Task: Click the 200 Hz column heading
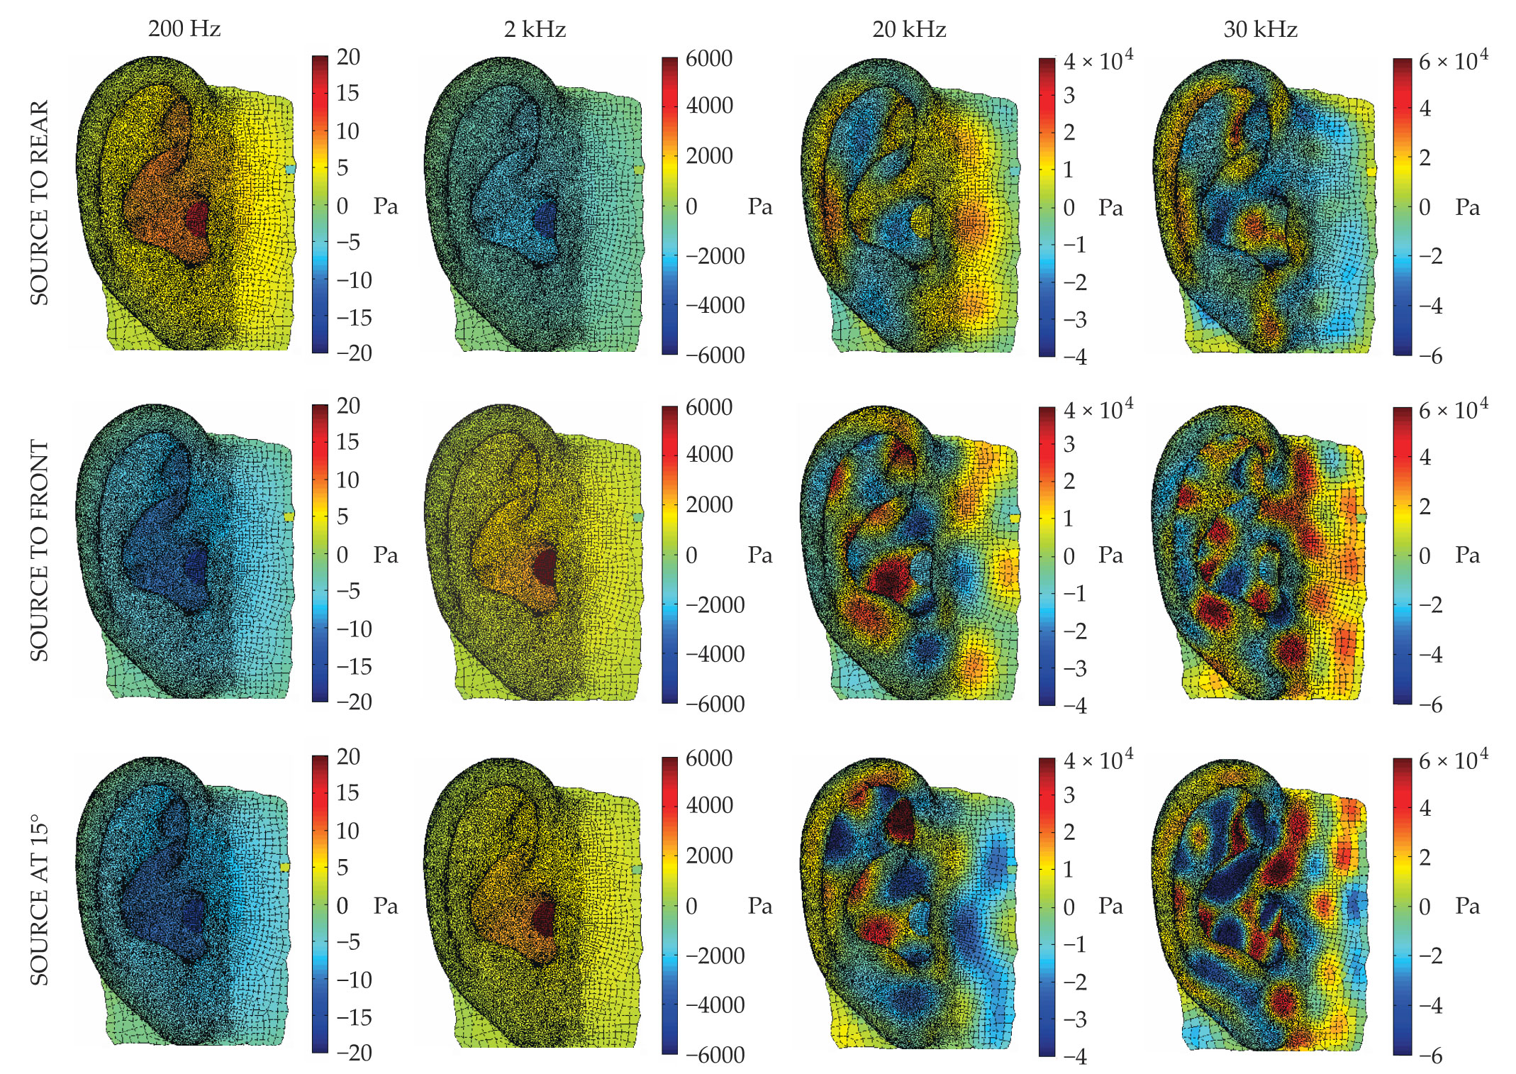[x=184, y=29]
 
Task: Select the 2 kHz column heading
[x=535, y=29]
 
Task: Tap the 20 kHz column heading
[x=909, y=29]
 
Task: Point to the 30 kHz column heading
[x=1260, y=29]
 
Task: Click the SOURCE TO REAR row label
[x=40, y=203]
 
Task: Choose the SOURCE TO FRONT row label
[x=40, y=551]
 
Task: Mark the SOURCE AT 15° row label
[x=40, y=902]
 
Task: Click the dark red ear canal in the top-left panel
[x=197, y=218]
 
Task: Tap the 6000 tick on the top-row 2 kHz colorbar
[x=709, y=58]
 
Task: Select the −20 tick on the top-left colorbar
[x=354, y=353]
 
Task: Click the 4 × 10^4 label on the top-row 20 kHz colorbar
[x=1098, y=61]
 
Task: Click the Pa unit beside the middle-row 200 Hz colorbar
[x=386, y=555]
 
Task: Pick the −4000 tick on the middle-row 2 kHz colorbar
[x=715, y=654]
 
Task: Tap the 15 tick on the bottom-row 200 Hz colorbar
[x=347, y=793]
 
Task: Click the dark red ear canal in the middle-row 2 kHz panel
[x=546, y=566]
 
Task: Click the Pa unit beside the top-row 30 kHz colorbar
[x=1468, y=207]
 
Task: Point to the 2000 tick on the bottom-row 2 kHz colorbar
[x=709, y=856]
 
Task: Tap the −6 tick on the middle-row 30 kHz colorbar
[x=1430, y=705]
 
